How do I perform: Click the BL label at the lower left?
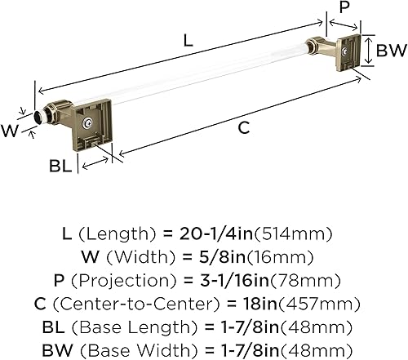59,166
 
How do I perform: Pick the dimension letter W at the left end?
11,128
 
